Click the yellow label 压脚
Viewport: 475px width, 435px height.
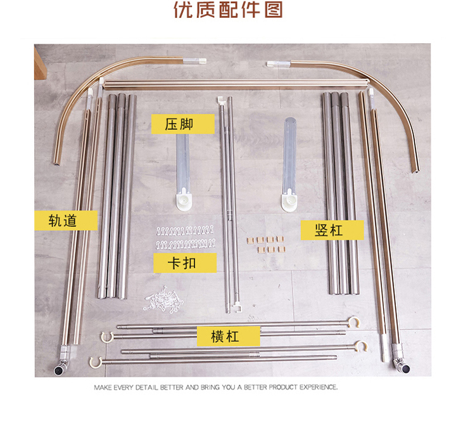click(x=183, y=124)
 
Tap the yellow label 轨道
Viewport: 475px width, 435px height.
click(x=66, y=220)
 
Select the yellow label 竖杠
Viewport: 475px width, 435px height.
click(x=332, y=230)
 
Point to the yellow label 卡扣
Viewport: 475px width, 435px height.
click(x=185, y=263)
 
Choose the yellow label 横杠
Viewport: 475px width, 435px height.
click(x=229, y=336)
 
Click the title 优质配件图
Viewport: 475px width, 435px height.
click(x=229, y=10)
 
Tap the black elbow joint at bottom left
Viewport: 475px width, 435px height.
click(x=59, y=370)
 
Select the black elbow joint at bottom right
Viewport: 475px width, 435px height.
click(x=405, y=369)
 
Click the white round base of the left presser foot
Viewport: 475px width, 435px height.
click(x=184, y=200)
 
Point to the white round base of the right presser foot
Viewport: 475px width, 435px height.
click(x=289, y=200)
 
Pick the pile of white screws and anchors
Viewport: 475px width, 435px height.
click(x=163, y=299)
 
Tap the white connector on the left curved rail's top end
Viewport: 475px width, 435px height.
click(x=194, y=61)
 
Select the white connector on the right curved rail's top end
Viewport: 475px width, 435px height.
click(x=278, y=63)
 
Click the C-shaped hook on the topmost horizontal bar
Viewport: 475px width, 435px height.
click(x=353, y=322)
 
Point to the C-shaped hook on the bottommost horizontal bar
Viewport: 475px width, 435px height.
click(x=96, y=363)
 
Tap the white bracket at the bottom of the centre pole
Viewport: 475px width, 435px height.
click(x=237, y=309)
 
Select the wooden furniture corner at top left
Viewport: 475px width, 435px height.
click(x=40, y=63)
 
